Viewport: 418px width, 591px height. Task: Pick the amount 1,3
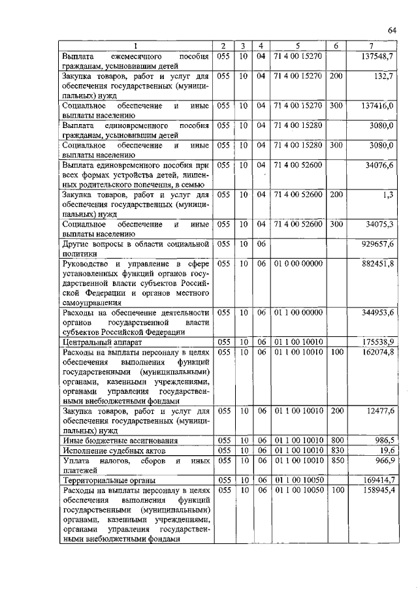tap(388, 195)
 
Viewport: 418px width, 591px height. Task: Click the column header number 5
tap(298, 46)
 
